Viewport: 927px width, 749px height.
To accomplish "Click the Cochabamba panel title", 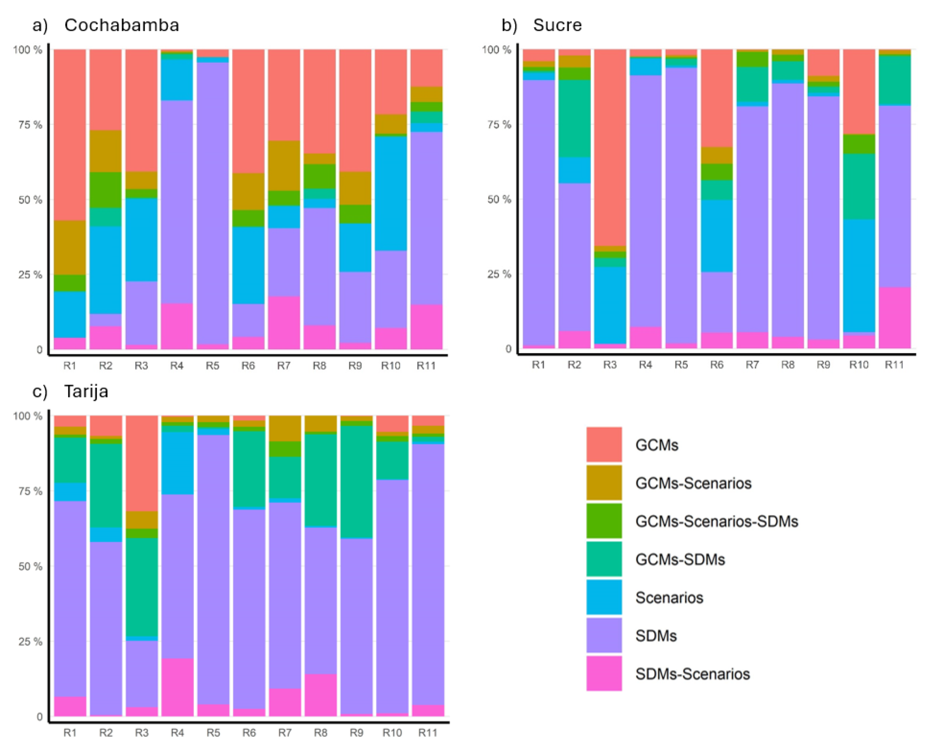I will point(121,25).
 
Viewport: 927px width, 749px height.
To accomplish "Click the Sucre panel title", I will point(557,25).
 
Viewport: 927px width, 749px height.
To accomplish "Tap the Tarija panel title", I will point(86,391).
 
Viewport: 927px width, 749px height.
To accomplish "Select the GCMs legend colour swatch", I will point(604,444).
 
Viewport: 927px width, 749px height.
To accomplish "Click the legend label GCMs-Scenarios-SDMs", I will point(716,521).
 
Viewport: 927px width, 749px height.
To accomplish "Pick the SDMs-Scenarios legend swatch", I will point(604,673).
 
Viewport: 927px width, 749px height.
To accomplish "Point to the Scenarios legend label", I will point(669,598).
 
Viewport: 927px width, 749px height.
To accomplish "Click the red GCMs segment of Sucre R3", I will point(609,147).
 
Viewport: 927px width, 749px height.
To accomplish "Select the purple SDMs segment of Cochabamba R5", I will point(212,203).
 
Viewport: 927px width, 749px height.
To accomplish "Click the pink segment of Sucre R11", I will point(894,317).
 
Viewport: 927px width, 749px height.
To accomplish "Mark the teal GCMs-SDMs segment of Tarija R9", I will point(356,482).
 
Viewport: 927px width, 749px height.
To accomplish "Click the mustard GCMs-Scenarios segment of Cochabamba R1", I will point(69,247).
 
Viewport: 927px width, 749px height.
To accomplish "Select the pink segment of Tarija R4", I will point(177,687).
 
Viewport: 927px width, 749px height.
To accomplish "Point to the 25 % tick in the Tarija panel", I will point(30,642).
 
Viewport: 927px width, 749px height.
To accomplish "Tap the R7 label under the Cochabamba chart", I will point(284,366).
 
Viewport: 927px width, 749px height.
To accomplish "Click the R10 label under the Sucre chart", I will point(858,365).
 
